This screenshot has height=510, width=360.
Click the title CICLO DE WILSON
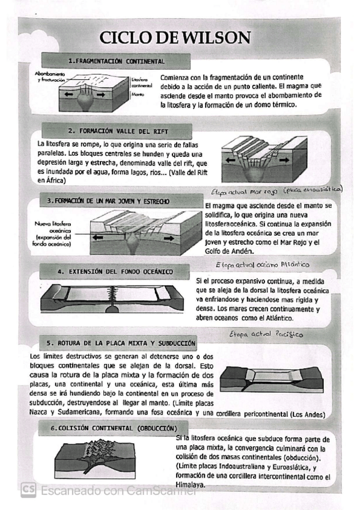(175, 37)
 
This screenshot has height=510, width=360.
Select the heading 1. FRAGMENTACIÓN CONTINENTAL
(117, 61)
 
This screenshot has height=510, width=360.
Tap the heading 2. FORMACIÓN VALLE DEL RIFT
(118, 131)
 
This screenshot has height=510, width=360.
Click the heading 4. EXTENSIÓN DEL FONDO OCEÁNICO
(115, 272)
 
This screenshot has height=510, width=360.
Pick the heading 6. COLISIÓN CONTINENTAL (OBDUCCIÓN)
(114, 428)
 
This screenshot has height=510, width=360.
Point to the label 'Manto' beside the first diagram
(138, 94)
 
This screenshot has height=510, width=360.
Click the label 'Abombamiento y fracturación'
(50, 77)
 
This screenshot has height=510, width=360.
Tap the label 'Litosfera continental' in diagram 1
(142, 82)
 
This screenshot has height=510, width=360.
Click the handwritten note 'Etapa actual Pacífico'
(266, 334)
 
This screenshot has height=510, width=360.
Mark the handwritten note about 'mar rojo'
(276, 191)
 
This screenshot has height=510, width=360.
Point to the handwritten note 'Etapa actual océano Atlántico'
(262, 265)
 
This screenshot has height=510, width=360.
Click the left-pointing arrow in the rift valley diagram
(231, 160)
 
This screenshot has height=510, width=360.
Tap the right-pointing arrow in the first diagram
(101, 94)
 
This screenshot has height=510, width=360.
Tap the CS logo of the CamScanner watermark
(28, 490)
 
